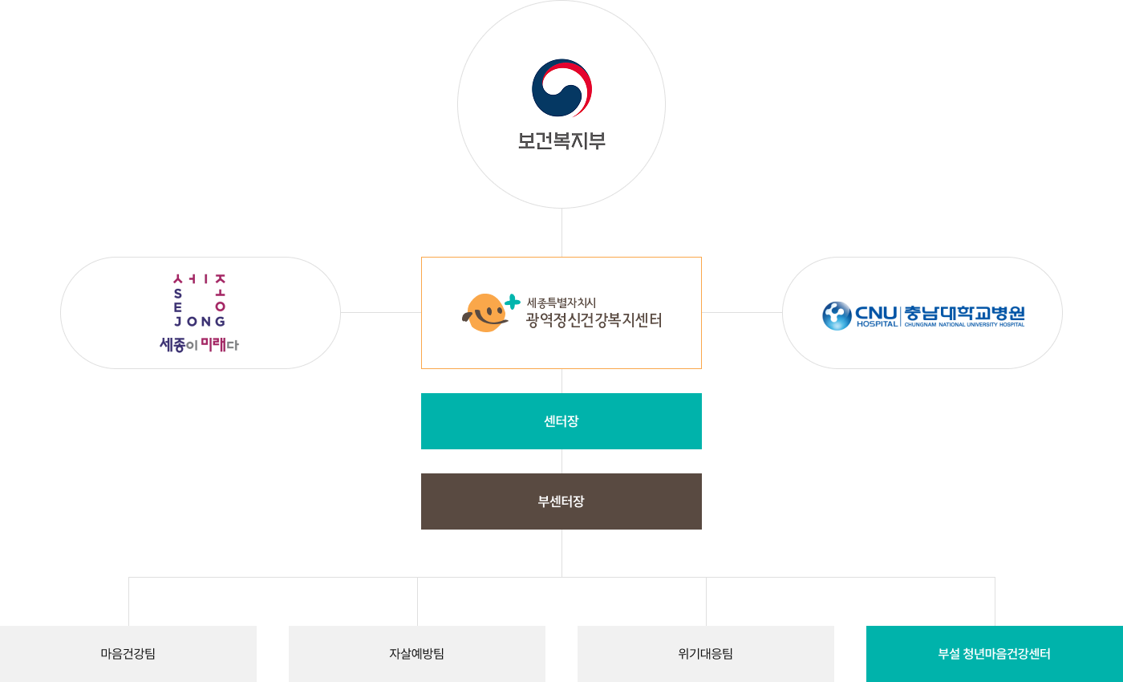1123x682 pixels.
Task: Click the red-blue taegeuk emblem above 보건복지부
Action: (561, 88)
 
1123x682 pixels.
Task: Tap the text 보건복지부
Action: (561, 141)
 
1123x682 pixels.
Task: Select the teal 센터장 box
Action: (561, 421)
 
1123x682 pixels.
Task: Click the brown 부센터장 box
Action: (561, 501)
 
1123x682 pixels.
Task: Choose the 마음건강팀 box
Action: (128, 653)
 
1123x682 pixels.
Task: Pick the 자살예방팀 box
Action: (417, 653)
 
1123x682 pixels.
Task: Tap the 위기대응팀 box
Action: (706, 653)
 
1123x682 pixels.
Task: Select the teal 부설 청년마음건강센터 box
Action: (995, 653)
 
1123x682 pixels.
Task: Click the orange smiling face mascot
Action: (484, 313)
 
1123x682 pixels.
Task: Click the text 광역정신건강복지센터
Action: (594, 321)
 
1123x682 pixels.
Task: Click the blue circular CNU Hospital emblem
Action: (837, 315)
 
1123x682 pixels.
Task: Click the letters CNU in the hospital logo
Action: (876, 311)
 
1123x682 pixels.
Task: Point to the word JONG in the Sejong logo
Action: (200, 321)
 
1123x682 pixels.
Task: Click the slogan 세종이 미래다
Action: (200, 345)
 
